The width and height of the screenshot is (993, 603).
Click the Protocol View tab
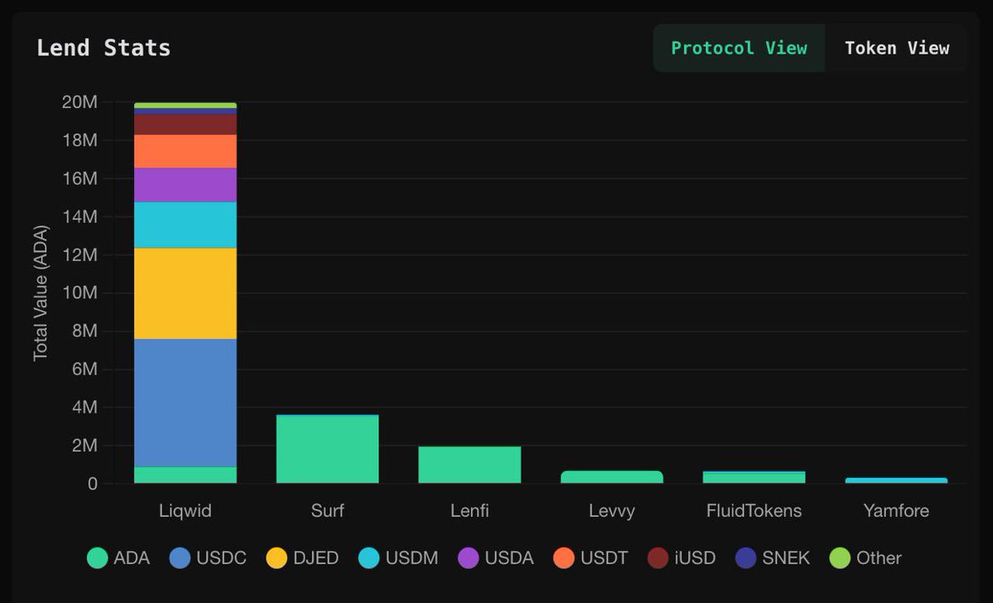coord(738,48)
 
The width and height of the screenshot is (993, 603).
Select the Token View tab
coord(896,48)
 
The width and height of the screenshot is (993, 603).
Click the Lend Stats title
coord(103,48)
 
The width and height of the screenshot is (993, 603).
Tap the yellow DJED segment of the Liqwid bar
coord(185,293)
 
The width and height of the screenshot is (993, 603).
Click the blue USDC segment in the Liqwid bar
coord(185,403)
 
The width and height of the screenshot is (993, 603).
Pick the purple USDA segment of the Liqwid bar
coord(185,185)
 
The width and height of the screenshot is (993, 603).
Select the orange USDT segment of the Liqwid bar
coord(185,151)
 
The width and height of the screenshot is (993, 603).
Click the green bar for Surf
coord(327,449)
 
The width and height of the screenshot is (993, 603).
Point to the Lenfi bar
coord(469,465)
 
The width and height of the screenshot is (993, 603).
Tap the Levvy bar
coord(612,477)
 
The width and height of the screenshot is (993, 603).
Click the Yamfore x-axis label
coord(896,510)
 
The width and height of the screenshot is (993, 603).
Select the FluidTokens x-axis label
coord(754,510)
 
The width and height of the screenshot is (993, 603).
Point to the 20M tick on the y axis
coord(79,103)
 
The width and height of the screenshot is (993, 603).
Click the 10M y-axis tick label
coord(79,293)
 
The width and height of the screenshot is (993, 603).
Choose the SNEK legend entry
coord(773,558)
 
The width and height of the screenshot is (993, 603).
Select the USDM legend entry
coord(398,558)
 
